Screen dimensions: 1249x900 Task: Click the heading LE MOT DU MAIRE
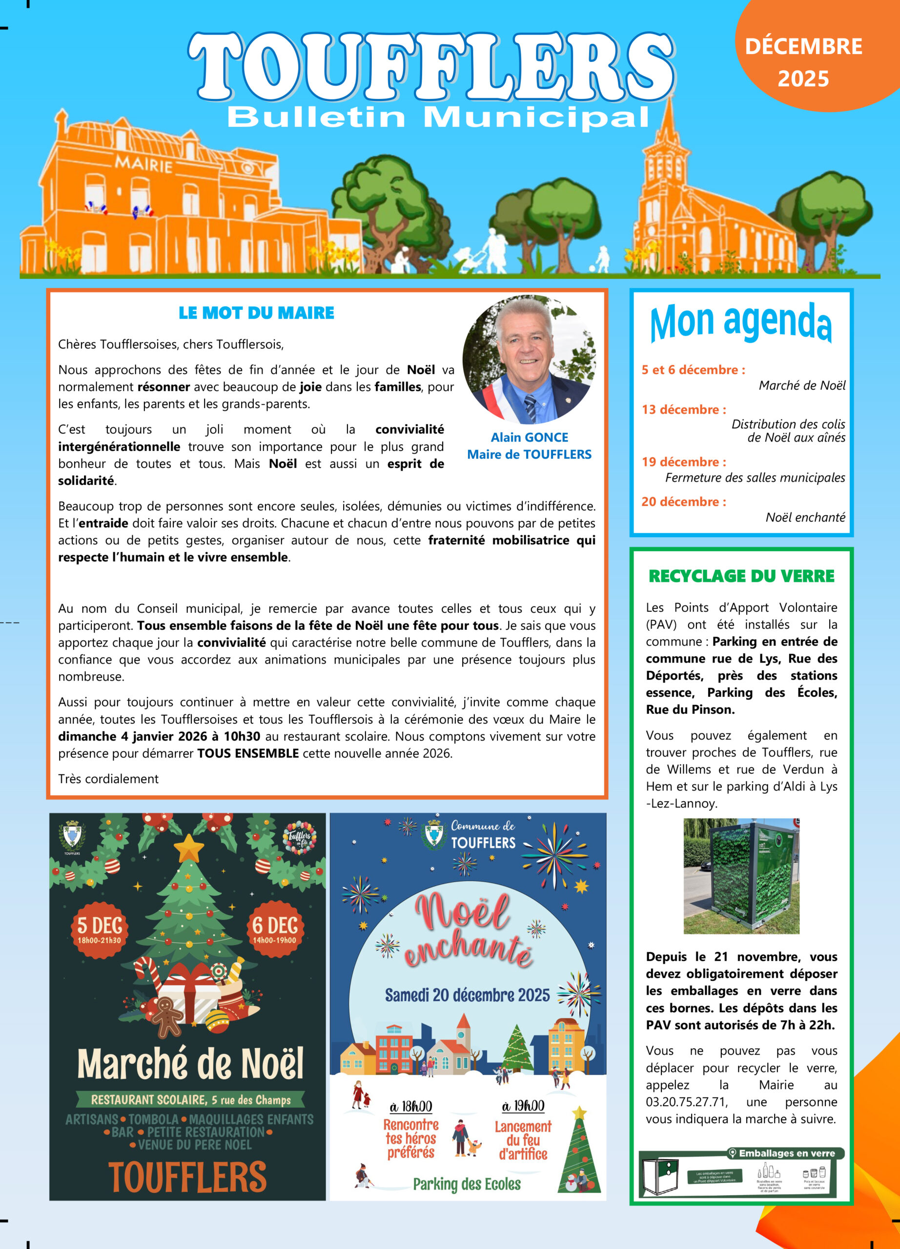click(x=256, y=313)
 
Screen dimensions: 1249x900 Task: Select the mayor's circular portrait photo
click(x=529, y=360)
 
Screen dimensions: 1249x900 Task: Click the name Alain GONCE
click(x=530, y=437)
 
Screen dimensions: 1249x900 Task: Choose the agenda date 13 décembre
click(x=683, y=410)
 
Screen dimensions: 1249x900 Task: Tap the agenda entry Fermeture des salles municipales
click(x=755, y=478)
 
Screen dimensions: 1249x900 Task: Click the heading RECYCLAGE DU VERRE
click(x=741, y=576)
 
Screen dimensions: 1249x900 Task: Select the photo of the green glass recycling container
click(x=741, y=876)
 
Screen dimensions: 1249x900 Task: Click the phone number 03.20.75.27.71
click(x=686, y=1102)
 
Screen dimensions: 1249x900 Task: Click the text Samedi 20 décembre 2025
click(x=467, y=995)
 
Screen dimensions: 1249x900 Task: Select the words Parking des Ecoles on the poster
click(x=467, y=1184)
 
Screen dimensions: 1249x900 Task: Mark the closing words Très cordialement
click(x=108, y=779)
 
